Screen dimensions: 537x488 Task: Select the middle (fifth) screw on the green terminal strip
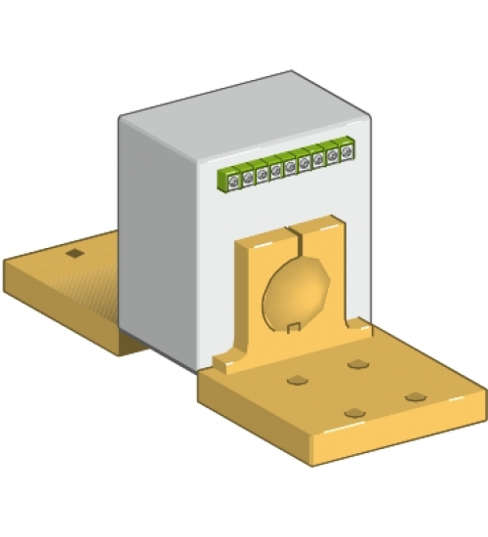[290, 167]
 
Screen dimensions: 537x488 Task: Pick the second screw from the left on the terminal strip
[248, 177]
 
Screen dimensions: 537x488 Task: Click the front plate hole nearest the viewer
[353, 413]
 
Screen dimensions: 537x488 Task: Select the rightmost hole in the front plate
[416, 396]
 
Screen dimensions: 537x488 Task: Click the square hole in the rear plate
[73, 255]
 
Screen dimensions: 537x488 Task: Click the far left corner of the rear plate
[5, 262]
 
